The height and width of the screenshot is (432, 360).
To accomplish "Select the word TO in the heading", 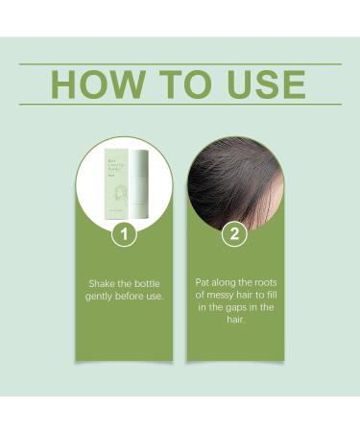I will tap(183, 84).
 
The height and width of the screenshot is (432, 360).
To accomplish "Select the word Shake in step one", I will tap(97, 284).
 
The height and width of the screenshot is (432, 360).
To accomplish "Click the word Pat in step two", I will tap(201, 283).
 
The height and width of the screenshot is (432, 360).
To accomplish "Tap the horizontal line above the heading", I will tap(180, 64).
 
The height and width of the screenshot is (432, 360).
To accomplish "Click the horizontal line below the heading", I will tap(180, 105).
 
